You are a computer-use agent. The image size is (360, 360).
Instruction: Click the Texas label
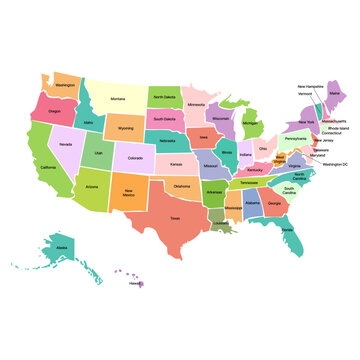[x=174, y=218]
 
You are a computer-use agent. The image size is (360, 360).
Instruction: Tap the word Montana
[x=118, y=99]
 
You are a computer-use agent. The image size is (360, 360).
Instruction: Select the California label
[x=49, y=167]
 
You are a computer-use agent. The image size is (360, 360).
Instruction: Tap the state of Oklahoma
[x=181, y=185]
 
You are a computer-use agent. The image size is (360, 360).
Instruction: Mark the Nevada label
[x=65, y=144]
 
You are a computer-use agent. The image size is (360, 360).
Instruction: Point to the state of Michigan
[x=250, y=124]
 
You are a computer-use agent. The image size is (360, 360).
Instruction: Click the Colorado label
[x=135, y=157]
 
